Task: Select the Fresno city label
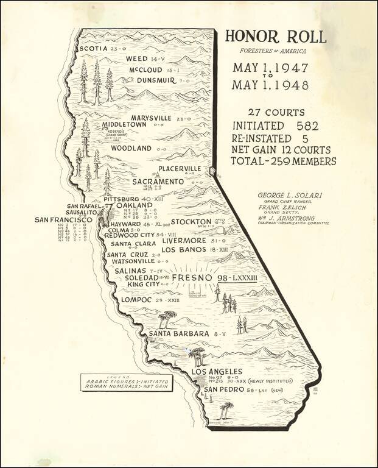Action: coord(192,278)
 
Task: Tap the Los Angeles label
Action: coord(217,372)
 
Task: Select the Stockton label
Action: coord(191,222)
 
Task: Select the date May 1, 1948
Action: coord(270,86)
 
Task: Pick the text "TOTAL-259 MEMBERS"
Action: coord(283,161)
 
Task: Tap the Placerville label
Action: coord(180,168)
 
